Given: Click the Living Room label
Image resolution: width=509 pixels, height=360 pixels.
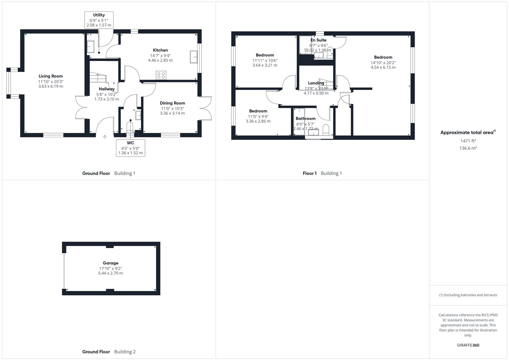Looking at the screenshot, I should pos(51,76).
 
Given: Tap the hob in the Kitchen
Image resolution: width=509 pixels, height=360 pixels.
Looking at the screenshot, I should pos(161,75).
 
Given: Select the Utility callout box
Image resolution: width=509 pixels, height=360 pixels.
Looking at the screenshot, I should pos(99,20).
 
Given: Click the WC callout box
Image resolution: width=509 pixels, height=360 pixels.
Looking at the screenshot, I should pos(130,148).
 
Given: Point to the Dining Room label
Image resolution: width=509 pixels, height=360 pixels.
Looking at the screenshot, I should pos(172,103).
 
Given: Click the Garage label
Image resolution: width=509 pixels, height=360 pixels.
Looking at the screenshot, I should pos(110,263).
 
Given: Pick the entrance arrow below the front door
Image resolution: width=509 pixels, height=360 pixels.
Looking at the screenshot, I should pos(105,137).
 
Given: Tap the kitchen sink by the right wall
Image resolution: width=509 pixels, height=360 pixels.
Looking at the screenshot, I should pos(193,57).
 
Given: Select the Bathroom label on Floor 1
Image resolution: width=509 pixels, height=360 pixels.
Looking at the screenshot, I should pos(305,119).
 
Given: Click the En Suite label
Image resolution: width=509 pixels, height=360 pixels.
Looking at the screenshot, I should pos(318,40).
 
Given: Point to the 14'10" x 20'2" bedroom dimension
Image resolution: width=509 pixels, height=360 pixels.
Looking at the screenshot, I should pos(383,63).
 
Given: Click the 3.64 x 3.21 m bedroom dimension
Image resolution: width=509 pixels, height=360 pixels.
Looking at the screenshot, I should pos(265,65).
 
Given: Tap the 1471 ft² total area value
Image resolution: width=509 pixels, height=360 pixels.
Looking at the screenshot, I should pos(468,141).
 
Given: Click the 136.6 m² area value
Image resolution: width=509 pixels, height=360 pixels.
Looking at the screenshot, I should pos(468,148).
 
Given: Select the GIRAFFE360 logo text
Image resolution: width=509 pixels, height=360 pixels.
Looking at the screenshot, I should pos(468,345).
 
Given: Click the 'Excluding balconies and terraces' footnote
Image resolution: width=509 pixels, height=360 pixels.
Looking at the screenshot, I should pos(468,295).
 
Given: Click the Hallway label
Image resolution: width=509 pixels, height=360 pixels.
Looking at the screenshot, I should pos(107,89).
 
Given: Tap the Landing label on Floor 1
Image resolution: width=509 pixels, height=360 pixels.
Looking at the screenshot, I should pos(316,83).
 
